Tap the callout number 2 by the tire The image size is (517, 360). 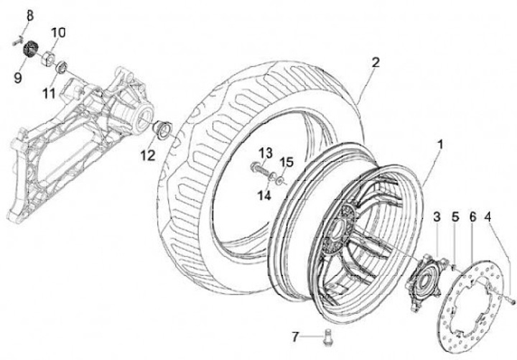tap(375, 63)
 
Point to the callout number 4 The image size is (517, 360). tap(488, 216)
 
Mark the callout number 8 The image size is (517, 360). tap(30, 16)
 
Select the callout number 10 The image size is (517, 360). tap(58, 32)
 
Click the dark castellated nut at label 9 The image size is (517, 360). tap(30, 52)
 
